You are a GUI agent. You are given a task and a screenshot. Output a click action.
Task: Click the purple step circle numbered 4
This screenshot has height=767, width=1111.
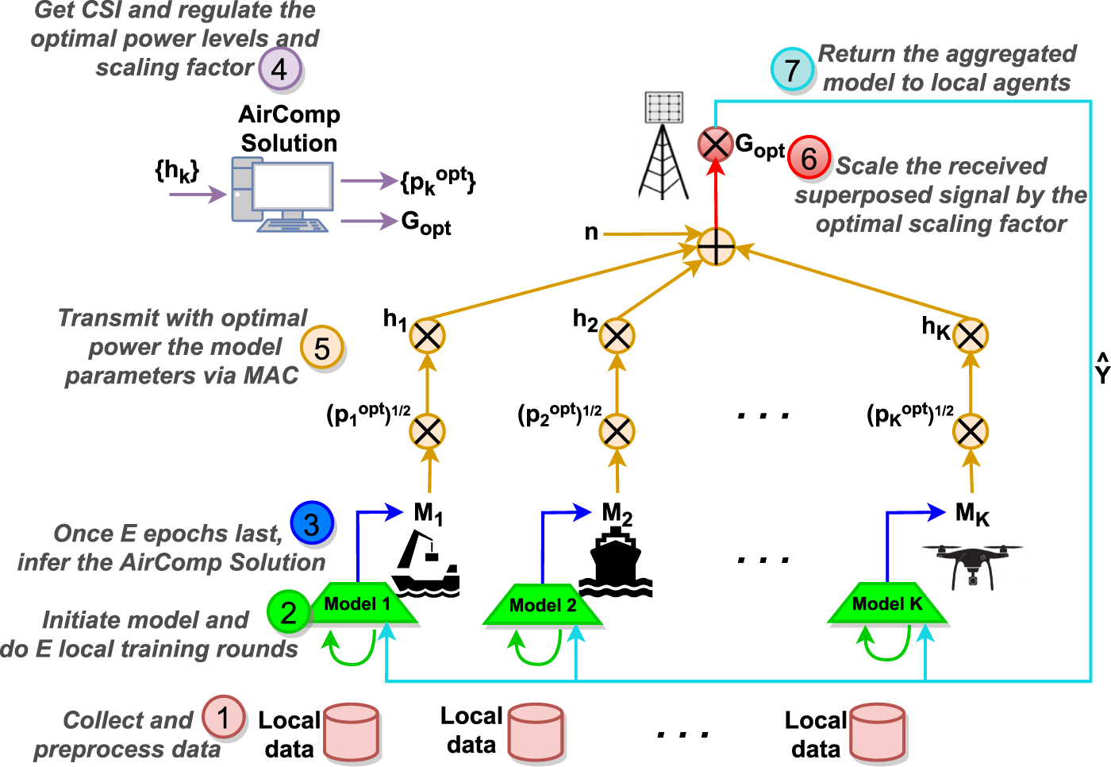pos(279,68)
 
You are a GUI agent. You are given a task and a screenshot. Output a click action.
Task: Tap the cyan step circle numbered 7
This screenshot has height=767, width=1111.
pos(792,69)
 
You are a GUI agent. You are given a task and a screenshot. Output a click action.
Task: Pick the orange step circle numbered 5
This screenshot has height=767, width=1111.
pos(321,348)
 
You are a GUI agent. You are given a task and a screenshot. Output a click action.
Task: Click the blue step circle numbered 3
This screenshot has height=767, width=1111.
pos(312,523)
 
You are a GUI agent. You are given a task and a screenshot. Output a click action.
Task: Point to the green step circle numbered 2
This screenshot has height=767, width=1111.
pos(288,611)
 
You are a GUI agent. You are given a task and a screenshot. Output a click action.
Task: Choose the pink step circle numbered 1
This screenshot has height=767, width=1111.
pos(223,717)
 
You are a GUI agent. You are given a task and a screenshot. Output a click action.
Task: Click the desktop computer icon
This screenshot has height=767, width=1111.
pos(283,195)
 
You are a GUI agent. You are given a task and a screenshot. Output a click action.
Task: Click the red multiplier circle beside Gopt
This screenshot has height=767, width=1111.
pos(715,145)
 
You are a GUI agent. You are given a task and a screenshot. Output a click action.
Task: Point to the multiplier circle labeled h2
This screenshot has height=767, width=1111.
pos(617,336)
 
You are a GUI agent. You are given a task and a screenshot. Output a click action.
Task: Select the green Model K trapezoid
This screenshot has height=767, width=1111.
pos(887,605)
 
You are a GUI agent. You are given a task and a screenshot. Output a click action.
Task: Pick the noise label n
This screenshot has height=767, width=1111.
pos(591,232)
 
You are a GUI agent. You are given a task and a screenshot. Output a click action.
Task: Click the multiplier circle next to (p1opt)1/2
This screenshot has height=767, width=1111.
pos(428,432)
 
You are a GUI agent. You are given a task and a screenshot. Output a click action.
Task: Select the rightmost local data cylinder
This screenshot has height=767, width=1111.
pos(877,731)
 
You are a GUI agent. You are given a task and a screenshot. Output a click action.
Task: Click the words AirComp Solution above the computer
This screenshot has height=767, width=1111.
pos(289,129)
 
